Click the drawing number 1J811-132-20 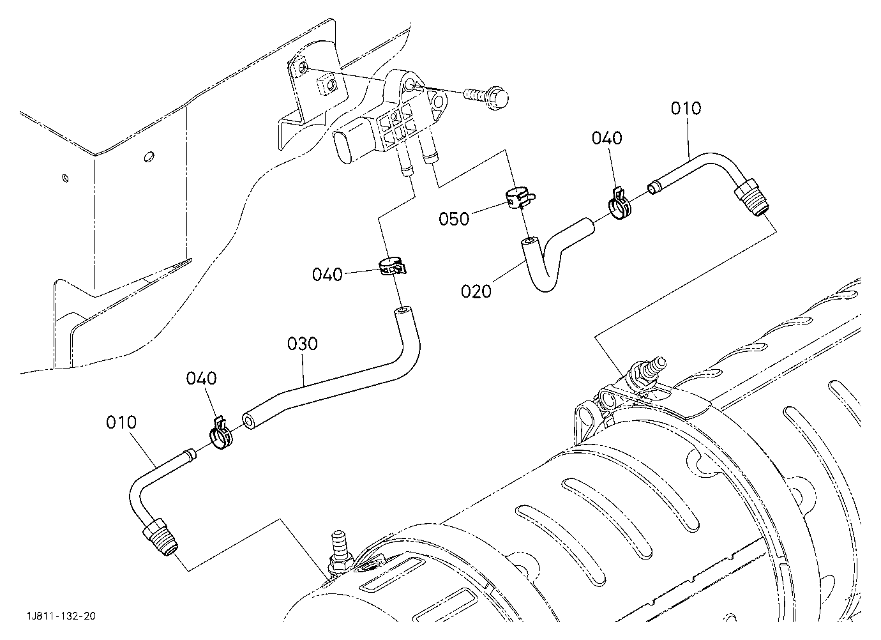click(61, 616)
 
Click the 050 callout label click(455, 219)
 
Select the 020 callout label click(476, 292)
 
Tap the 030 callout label click(303, 344)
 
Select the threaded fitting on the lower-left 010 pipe click(160, 537)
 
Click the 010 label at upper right click(686, 109)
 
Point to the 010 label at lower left click(121, 422)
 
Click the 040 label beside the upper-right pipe click(607, 139)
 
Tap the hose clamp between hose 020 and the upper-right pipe click(619, 204)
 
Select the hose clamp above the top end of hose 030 click(392, 267)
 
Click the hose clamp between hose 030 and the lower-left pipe click(221, 434)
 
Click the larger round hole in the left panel click(149, 156)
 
